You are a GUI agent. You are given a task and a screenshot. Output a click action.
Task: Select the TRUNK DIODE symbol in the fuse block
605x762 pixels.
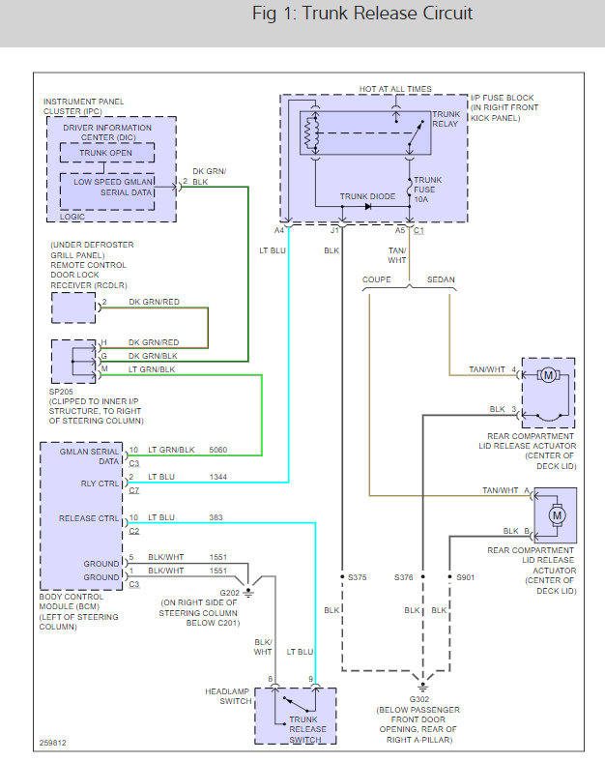[368, 206]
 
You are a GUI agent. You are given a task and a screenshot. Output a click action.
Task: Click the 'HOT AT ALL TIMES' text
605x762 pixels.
[395, 89]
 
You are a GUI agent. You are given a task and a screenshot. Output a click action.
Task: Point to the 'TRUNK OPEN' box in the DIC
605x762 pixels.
[107, 152]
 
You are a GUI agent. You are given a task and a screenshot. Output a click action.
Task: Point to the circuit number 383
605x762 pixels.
[217, 517]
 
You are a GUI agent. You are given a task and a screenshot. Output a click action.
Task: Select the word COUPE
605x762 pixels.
[377, 279]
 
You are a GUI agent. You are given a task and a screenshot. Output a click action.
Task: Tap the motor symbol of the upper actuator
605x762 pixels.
[547, 375]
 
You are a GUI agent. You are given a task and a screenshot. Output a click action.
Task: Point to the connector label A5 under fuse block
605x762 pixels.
[400, 231]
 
